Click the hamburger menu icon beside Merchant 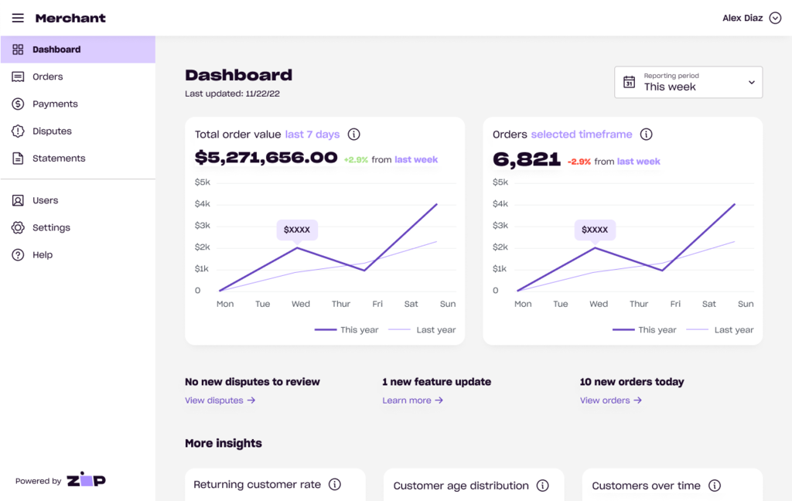(x=18, y=18)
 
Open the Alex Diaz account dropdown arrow (x=775, y=18)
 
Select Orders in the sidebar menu (x=48, y=77)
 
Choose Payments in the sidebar (x=55, y=104)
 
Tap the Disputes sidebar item (x=52, y=131)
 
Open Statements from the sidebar (x=59, y=158)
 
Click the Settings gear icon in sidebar (x=18, y=227)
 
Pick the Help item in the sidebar (x=43, y=254)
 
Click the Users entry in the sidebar (x=45, y=200)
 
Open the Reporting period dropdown (x=688, y=82)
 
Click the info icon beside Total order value (x=354, y=134)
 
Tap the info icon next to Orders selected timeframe (x=647, y=134)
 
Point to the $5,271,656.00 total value (x=266, y=158)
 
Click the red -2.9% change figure (x=579, y=162)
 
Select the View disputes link (x=220, y=400)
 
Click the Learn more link (x=412, y=400)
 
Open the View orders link (x=610, y=400)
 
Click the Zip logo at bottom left (x=86, y=480)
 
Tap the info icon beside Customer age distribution (x=543, y=486)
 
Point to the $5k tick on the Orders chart (x=500, y=182)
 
